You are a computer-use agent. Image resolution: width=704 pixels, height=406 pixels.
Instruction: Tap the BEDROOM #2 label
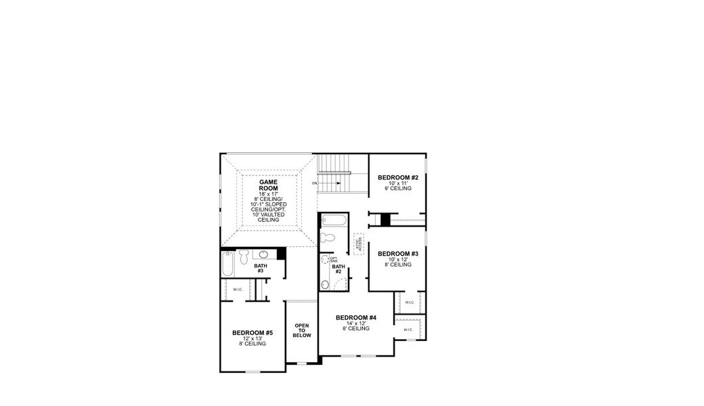point(398,177)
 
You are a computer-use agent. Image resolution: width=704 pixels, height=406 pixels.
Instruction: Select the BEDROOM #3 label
point(398,254)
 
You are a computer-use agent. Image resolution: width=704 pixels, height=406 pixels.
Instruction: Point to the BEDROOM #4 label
point(355,317)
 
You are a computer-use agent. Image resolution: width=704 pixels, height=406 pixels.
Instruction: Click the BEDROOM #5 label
point(252,333)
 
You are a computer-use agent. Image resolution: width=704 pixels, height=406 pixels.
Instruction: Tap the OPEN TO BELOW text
point(302,330)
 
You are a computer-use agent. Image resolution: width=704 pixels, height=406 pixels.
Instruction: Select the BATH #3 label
point(261,268)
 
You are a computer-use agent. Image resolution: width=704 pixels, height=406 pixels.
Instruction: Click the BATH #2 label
point(338,269)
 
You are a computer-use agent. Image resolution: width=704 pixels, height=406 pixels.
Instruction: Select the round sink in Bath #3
point(263,255)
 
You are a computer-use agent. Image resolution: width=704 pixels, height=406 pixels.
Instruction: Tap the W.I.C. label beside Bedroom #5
point(238,290)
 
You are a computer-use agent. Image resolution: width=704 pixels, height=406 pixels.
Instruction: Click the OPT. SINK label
point(333,260)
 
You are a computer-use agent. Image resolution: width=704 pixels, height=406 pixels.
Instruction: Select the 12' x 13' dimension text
point(252,338)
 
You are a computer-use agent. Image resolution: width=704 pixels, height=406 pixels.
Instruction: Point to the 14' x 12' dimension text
point(355,323)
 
